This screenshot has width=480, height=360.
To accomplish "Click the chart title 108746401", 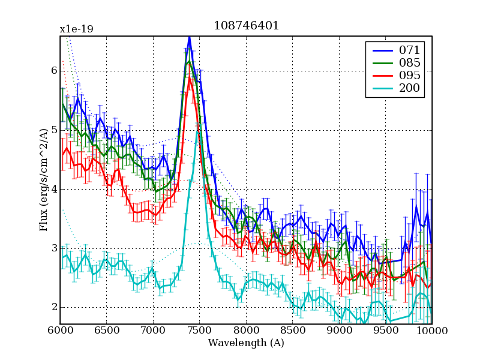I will click(x=246, y=26).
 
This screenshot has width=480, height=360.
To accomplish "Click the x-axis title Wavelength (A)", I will click(x=246, y=343).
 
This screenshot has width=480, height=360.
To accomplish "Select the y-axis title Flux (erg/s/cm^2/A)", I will click(x=43, y=180).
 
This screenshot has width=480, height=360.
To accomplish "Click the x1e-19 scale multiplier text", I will click(x=76, y=29).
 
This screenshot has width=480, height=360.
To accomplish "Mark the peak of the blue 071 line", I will click(x=189, y=37).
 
